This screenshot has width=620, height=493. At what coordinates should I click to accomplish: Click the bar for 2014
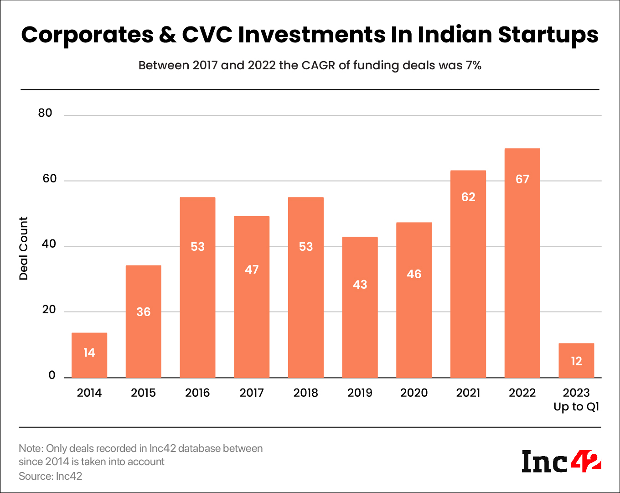(x=89, y=355)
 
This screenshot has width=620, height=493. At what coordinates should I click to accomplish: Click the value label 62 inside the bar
(x=468, y=197)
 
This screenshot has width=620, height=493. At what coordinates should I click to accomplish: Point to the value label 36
(x=143, y=312)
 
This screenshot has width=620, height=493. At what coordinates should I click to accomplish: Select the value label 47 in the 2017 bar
(x=252, y=270)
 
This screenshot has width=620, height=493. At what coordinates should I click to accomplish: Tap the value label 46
(x=414, y=274)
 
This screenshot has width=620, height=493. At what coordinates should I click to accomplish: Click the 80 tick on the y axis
(x=45, y=113)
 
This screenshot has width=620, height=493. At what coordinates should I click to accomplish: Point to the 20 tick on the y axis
(x=49, y=310)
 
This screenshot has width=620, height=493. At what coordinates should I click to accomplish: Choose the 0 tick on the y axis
(x=52, y=375)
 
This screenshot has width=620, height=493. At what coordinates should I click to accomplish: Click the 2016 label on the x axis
(x=197, y=393)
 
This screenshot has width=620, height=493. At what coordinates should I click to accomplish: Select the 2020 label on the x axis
(x=414, y=393)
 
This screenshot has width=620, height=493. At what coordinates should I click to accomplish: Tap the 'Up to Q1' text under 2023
(x=576, y=407)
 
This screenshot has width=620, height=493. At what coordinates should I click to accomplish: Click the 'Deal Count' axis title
(x=24, y=248)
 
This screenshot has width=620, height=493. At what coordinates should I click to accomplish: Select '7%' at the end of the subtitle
(x=473, y=66)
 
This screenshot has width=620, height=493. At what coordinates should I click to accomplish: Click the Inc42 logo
(x=561, y=461)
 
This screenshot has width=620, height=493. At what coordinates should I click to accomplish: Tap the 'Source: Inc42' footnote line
(x=51, y=476)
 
